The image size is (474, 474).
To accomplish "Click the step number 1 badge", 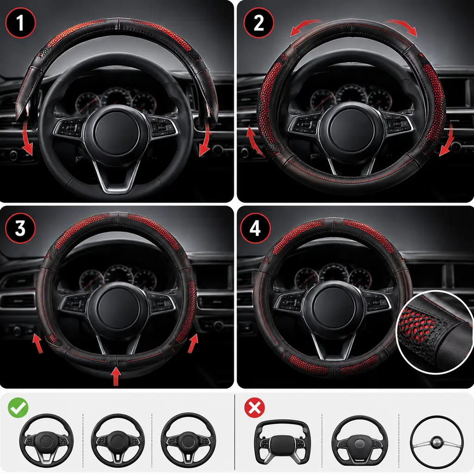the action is (20, 23).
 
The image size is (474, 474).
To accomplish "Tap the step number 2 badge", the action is (259, 23).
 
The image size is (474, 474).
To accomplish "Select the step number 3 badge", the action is (20, 228).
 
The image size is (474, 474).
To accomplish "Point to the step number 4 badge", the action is (256, 228).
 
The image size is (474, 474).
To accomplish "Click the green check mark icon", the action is (18, 408).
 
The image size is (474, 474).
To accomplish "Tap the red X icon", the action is (255, 408).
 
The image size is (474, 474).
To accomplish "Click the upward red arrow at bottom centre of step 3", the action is (116, 376).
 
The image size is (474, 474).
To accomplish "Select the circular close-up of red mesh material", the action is (435, 332).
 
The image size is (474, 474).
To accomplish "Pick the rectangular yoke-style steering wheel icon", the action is (282, 442).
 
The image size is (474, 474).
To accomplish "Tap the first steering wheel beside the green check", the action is (46, 441).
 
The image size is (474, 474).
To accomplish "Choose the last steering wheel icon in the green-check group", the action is (188, 441).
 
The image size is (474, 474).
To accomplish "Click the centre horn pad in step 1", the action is (117, 133).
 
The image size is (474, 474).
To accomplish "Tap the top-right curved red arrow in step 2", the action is (402, 26).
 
